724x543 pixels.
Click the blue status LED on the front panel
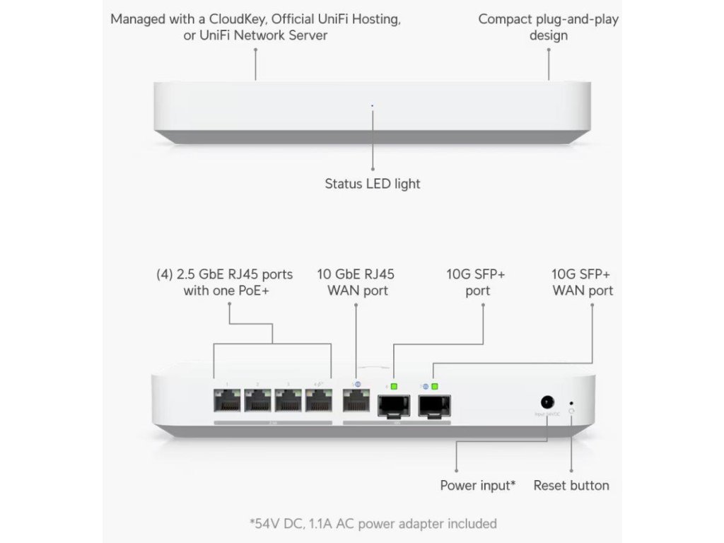[x=373, y=106]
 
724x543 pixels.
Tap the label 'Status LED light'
[x=373, y=184]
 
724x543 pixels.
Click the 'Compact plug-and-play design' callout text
[x=548, y=27]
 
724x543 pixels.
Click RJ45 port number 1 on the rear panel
[x=227, y=402]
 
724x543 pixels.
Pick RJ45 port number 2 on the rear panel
[x=258, y=402]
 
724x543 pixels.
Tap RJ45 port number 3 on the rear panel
[x=288, y=402]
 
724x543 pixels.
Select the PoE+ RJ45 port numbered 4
[x=319, y=402]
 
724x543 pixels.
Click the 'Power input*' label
[x=477, y=486]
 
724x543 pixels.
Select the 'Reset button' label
[x=571, y=486]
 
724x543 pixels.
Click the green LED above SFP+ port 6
[x=395, y=386]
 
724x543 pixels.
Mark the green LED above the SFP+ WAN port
[x=435, y=386]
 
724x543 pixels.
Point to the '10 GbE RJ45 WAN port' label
[x=355, y=282]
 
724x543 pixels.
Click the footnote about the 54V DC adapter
[x=373, y=524]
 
